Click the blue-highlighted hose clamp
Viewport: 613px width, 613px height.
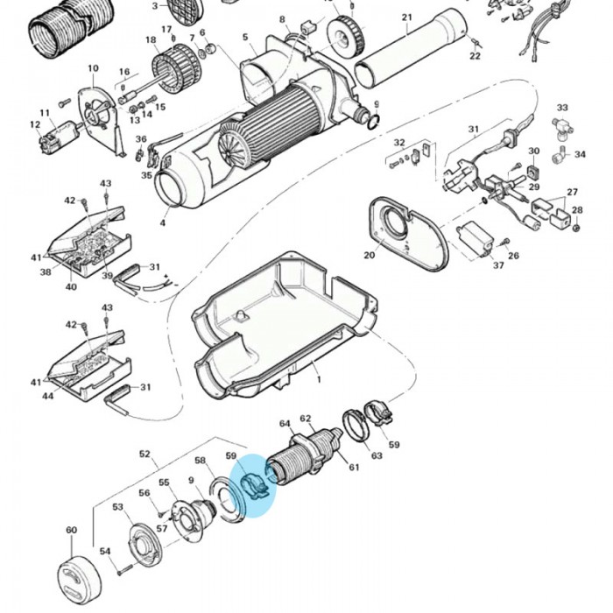point(252,487)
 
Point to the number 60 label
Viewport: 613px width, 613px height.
point(71,531)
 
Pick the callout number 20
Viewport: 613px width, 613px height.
point(370,255)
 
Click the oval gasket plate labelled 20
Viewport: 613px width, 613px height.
point(407,231)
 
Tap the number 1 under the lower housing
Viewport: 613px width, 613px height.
point(319,380)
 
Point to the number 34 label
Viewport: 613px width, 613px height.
point(580,155)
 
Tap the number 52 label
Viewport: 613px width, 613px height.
point(144,454)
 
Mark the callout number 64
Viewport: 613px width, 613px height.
point(285,424)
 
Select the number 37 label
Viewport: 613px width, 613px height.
point(497,265)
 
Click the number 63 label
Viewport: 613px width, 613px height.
point(377,455)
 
